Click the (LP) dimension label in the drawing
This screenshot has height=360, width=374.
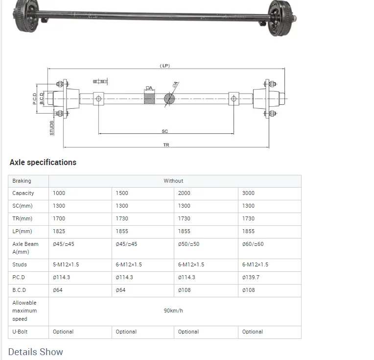[x=165, y=66]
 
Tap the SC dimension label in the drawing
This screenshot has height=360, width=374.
[x=165, y=131]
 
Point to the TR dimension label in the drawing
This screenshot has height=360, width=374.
[x=166, y=145]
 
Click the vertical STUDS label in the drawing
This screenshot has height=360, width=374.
[x=51, y=128]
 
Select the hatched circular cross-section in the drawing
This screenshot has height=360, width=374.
[x=169, y=98]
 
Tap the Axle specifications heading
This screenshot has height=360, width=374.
[x=43, y=162]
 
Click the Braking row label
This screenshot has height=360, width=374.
[x=22, y=181]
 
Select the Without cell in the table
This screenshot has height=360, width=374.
[x=173, y=181]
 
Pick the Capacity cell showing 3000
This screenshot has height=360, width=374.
[x=248, y=193]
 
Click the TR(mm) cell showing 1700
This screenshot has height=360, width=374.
[x=59, y=218]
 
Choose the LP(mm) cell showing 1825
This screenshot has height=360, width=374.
[x=59, y=231]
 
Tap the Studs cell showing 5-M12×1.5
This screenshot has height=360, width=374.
[x=66, y=264]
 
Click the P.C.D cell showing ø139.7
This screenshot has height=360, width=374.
[x=251, y=277]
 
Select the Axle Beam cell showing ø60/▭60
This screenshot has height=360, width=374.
[x=253, y=244]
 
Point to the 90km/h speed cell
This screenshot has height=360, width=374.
[x=173, y=311]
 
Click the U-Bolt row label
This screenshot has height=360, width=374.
[x=22, y=332]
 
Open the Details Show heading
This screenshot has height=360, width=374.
[x=36, y=352]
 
